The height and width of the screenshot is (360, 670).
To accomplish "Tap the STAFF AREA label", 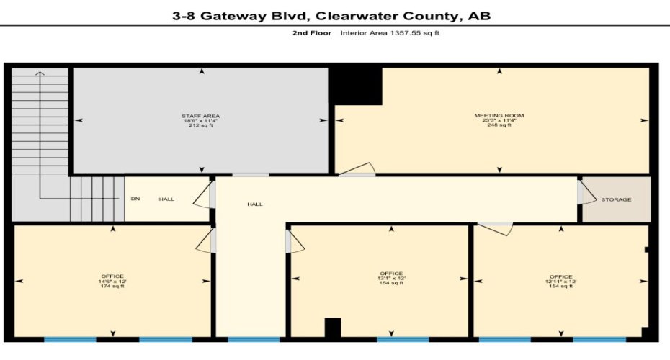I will [200, 116].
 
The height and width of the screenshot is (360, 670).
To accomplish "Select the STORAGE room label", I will [616, 199].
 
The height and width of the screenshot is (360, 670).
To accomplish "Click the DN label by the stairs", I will [135, 199].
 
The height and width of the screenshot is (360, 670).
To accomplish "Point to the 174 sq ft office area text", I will [112, 287].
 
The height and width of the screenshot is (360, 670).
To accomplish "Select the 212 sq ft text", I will [200, 126].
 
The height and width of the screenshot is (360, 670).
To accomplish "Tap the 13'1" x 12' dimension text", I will [391, 278].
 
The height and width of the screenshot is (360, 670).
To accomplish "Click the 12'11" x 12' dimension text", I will [560, 282].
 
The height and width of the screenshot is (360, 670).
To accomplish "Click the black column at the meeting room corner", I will [356, 86].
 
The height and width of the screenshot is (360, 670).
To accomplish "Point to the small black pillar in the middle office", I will [332, 328].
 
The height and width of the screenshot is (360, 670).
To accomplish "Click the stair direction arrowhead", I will [40, 73].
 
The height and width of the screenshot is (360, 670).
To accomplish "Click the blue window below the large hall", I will [254, 339].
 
